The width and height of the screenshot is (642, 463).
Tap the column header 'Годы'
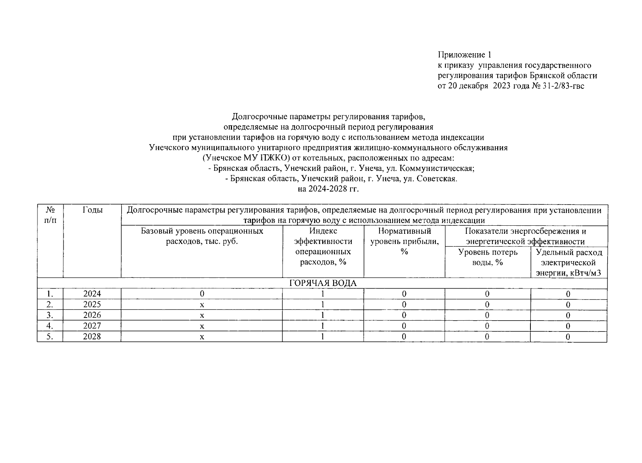tap(92, 210)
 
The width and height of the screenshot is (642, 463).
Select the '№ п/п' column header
tap(50, 215)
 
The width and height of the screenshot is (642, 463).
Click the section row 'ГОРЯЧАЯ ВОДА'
tap(323, 283)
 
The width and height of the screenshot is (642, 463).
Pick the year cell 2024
tap(92, 294)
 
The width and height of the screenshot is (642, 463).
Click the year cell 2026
tap(92, 315)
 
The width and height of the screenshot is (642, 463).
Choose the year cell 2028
tap(92, 337)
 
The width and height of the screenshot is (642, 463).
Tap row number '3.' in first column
tap(49, 315)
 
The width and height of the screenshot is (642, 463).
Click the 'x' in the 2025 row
tap(202, 305)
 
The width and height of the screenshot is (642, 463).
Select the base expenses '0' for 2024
tap(202, 294)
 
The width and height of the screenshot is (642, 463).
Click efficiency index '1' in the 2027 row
tap(323, 326)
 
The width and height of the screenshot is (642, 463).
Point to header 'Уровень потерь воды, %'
tap(488, 257)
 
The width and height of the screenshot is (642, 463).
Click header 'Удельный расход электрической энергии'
tap(569, 263)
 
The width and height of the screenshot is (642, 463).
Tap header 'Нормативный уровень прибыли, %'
tap(404, 242)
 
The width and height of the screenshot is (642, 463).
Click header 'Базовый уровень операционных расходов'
tap(202, 236)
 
